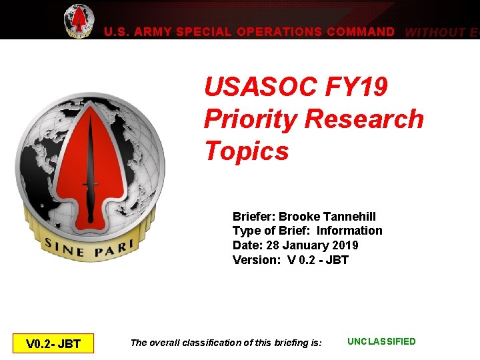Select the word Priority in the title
click(x=250, y=119)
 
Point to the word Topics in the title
click(x=247, y=151)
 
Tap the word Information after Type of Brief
click(x=349, y=231)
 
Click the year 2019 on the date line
click(x=345, y=245)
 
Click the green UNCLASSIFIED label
click(x=381, y=342)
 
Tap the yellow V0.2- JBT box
click(x=53, y=344)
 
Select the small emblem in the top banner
click(x=79, y=20)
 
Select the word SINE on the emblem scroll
click(x=63, y=247)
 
